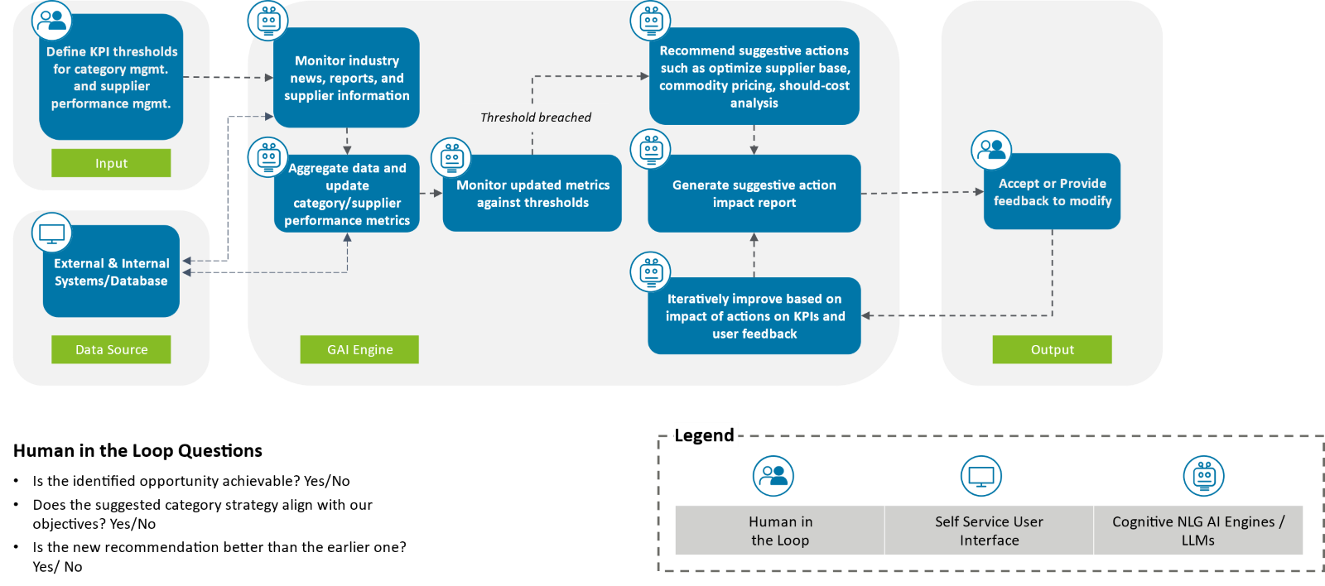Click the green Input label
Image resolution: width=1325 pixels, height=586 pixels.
point(111,163)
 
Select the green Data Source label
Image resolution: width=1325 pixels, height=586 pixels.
point(111,349)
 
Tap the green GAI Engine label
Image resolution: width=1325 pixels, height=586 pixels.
point(359,349)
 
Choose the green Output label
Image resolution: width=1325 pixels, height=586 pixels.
point(1052,349)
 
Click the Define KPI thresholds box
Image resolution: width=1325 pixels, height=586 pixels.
point(111,78)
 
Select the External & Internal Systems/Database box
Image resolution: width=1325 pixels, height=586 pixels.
point(111,272)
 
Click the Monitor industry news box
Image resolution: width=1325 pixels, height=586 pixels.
point(346,78)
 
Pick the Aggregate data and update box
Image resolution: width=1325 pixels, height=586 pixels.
point(346,195)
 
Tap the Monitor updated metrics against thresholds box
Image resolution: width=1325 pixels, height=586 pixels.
point(532,194)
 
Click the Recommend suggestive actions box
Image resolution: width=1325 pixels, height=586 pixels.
point(754,77)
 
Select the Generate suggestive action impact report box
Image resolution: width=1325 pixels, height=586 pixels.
point(754,194)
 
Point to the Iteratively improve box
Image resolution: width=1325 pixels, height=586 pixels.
point(754,316)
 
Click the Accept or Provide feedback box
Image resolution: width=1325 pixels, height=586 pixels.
point(1052,192)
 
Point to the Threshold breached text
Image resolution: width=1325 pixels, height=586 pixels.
point(536,118)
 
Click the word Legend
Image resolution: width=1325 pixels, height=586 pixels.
point(704,435)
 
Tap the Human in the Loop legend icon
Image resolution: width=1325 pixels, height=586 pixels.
point(773,476)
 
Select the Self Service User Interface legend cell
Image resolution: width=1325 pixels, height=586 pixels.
point(989,531)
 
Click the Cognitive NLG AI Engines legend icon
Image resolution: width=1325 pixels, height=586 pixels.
point(1203,476)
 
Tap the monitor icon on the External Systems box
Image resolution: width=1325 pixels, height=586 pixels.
point(52,233)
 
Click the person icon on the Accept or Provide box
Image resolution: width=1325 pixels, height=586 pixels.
point(991,151)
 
